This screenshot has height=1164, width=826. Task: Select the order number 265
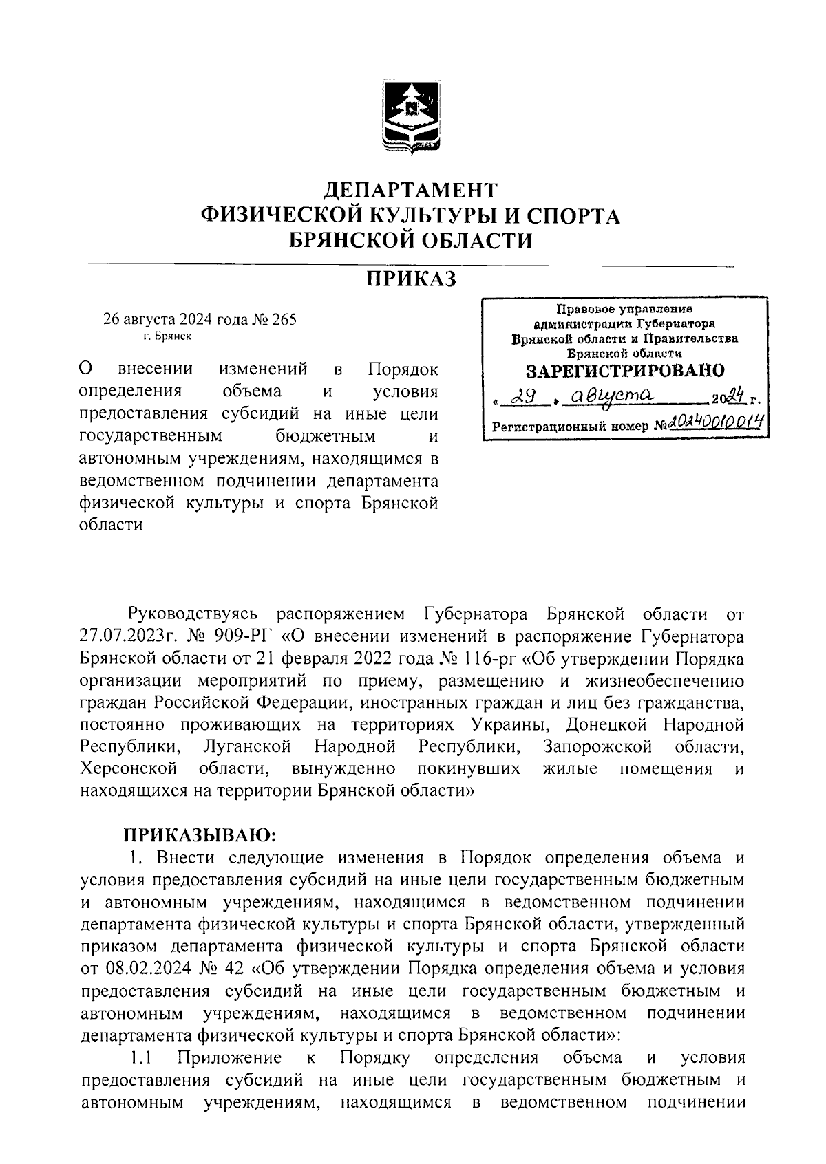coord(283,320)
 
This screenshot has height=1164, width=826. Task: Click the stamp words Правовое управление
coord(625,310)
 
